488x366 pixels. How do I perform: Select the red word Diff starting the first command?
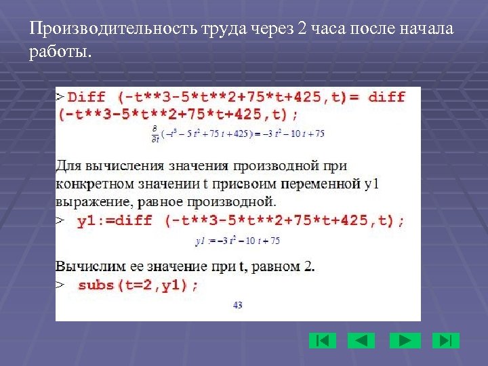click(x=87, y=97)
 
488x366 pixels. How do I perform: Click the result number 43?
click(x=237, y=305)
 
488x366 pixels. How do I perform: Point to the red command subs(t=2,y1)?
click(x=138, y=285)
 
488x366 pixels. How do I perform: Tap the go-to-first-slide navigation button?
click(x=322, y=340)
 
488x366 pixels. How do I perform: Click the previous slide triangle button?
click(x=361, y=340)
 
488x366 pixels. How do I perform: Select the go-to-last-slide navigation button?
click(x=446, y=340)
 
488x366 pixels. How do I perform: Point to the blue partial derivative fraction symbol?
click(x=155, y=134)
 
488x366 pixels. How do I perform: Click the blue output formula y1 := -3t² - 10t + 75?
click(x=238, y=241)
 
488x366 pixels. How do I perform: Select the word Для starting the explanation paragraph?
click(x=68, y=165)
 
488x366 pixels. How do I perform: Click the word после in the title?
click(x=376, y=30)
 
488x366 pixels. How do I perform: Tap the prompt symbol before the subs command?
click(x=60, y=285)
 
